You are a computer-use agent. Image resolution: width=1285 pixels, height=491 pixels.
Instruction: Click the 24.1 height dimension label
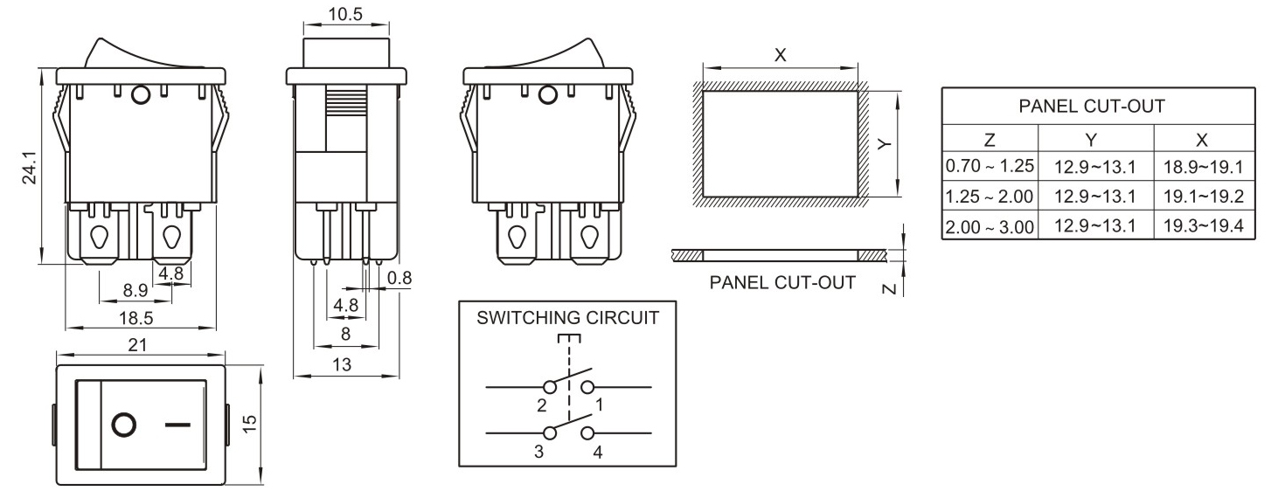tap(29, 168)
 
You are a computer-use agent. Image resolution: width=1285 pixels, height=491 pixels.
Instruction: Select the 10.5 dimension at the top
tap(344, 15)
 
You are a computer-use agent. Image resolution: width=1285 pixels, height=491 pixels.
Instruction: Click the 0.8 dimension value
tap(399, 278)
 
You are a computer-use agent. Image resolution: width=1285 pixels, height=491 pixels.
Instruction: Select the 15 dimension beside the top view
tap(250, 424)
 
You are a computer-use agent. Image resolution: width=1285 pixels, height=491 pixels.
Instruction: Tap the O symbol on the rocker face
tap(125, 425)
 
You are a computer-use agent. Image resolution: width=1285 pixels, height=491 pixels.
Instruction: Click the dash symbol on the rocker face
tap(177, 425)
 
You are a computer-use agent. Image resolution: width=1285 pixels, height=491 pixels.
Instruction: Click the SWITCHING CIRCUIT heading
tap(567, 318)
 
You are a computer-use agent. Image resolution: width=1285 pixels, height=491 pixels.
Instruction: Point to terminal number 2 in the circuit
tap(542, 405)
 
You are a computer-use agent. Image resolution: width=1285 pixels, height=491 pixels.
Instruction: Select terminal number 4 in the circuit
tap(598, 452)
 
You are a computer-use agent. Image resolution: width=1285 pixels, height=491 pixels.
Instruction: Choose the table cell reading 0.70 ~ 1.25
tap(990, 165)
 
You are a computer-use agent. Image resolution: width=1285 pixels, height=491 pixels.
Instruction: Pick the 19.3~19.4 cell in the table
tap(1204, 226)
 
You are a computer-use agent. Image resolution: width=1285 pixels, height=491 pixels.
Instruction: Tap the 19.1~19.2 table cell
tap(1204, 196)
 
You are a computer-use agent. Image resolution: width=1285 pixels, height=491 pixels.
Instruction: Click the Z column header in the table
tap(989, 138)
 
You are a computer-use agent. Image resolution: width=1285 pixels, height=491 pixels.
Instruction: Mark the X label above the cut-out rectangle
tap(781, 54)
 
